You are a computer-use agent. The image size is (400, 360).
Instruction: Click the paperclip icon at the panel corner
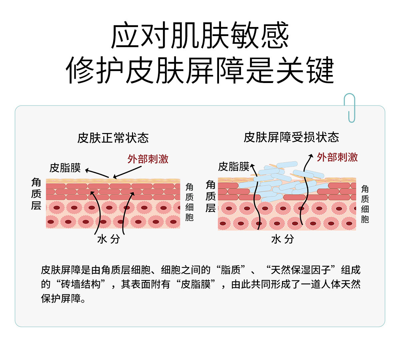point(349,107)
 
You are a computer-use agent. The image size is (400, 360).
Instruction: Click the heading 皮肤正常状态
point(113,138)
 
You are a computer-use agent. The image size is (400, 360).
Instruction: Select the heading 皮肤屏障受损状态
point(291,137)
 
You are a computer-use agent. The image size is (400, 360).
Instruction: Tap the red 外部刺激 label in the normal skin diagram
point(148,159)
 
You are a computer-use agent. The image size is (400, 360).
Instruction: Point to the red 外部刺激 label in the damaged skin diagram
point(337,157)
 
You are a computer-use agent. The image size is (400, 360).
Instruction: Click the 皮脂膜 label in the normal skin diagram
point(65,168)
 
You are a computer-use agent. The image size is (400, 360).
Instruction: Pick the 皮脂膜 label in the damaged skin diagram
point(234,166)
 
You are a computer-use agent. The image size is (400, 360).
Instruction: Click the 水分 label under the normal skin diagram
point(108,239)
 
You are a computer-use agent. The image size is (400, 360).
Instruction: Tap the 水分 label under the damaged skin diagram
point(283,239)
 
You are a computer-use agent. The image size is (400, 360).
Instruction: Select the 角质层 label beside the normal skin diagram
point(36,194)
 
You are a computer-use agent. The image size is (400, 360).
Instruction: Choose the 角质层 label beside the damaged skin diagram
point(210,196)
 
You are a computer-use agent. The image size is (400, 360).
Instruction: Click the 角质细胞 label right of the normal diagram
point(189,202)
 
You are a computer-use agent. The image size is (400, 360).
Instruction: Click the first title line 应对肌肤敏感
point(200,36)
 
